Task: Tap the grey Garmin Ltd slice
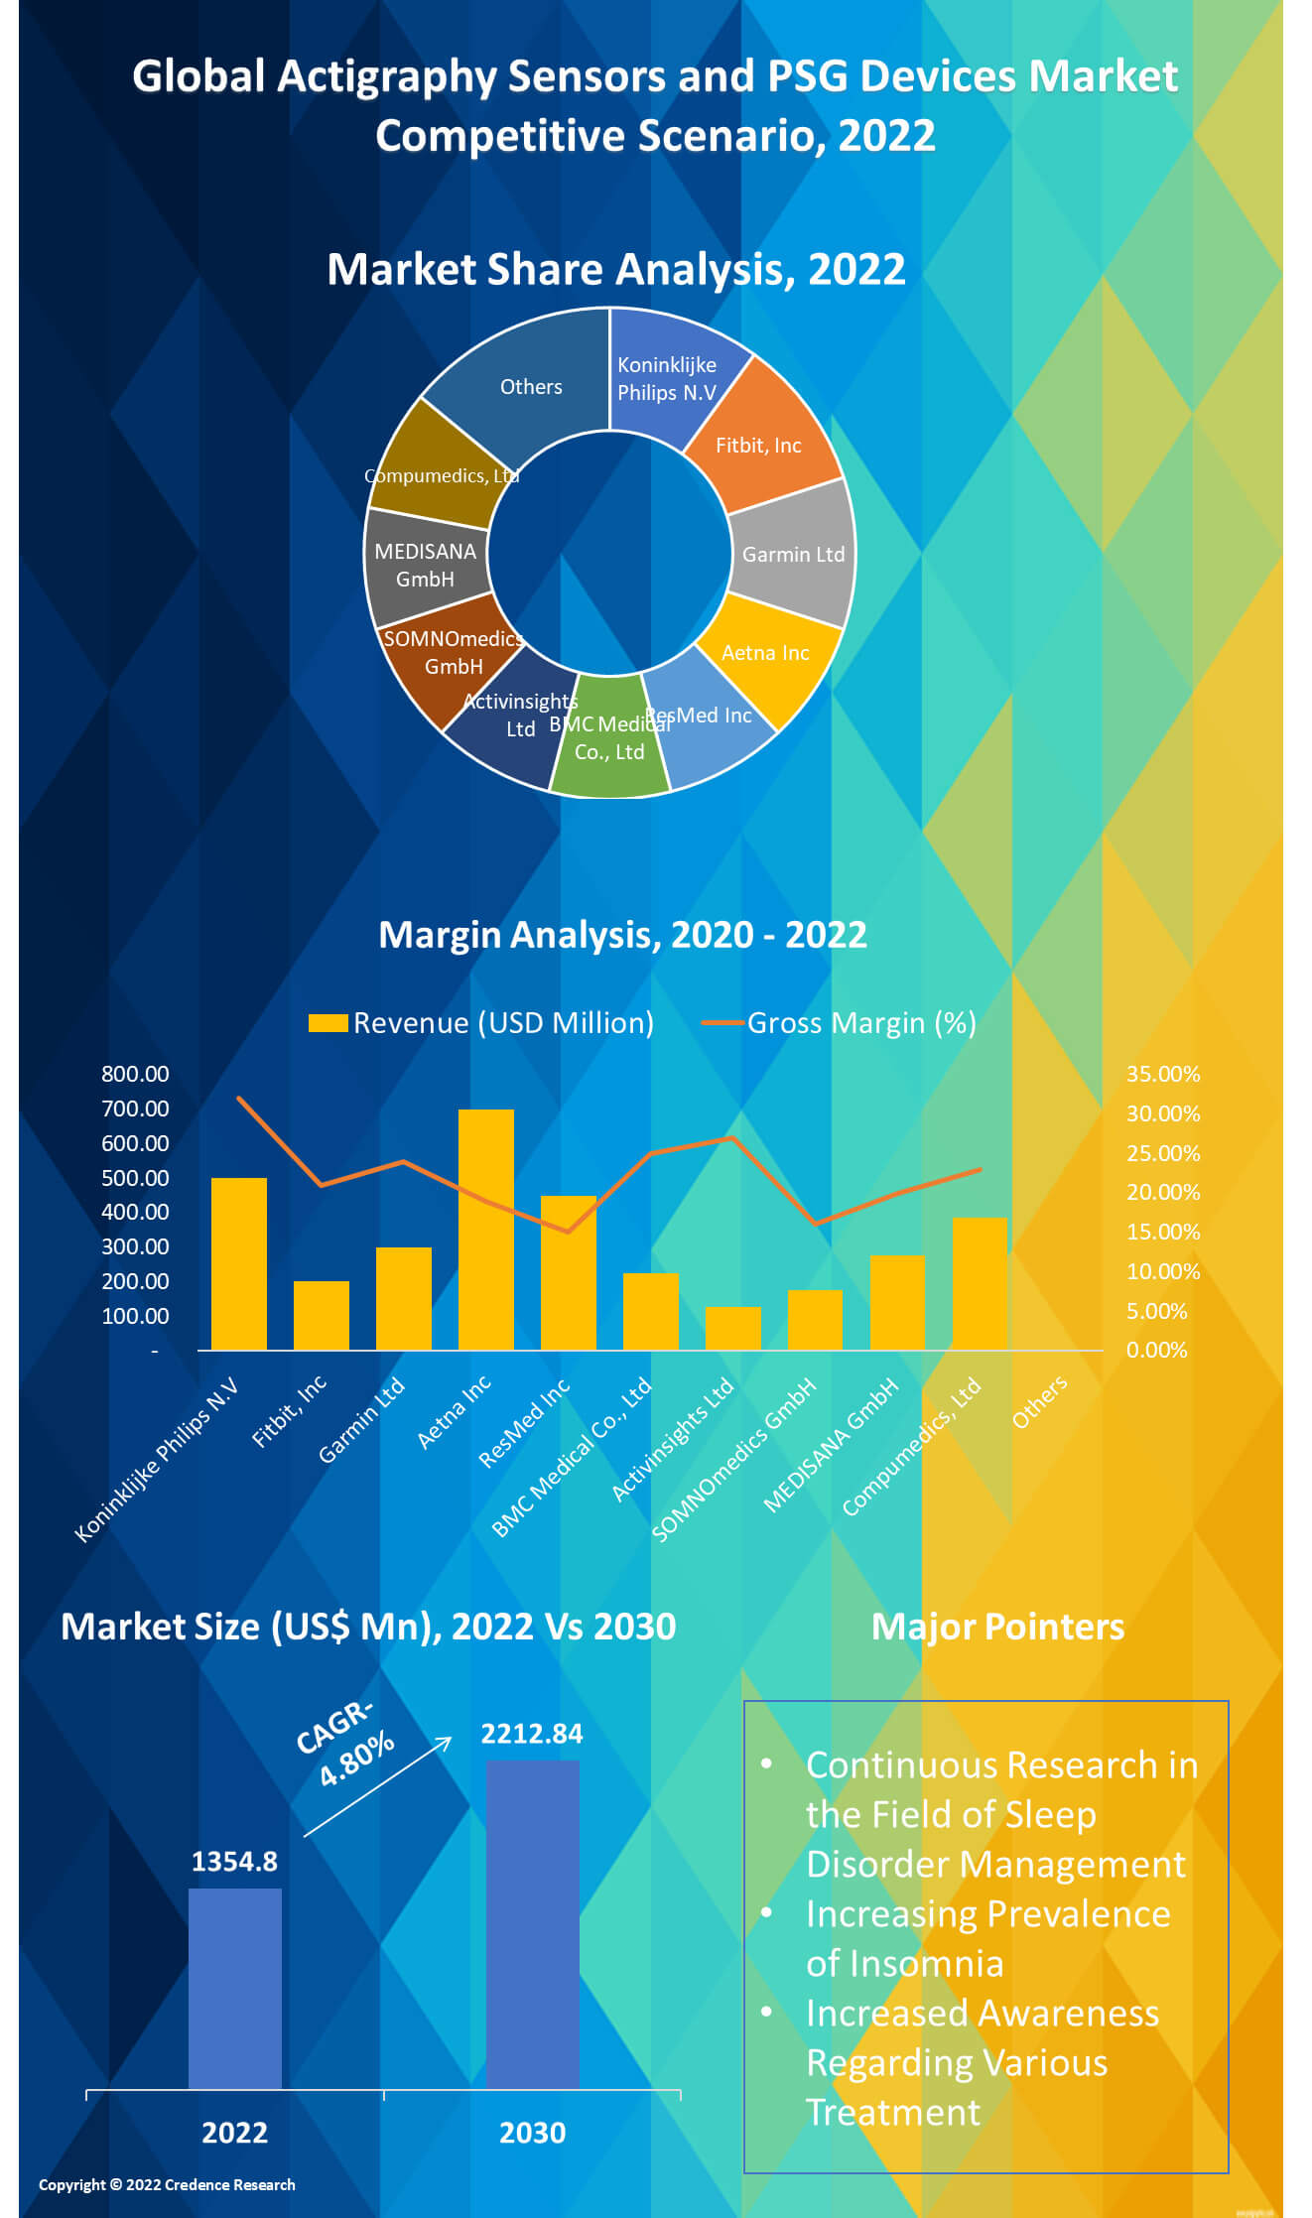click(794, 554)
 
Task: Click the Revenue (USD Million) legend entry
click(482, 1023)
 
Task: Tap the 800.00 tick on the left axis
click(135, 1074)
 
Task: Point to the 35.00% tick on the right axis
click(1162, 1074)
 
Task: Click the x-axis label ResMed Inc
click(524, 1421)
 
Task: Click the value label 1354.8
click(234, 1862)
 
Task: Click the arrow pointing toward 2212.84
click(377, 1786)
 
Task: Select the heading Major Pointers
click(997, 1628)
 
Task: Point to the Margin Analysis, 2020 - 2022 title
click(622, 935)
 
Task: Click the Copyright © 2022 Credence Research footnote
click(167, 2184)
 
